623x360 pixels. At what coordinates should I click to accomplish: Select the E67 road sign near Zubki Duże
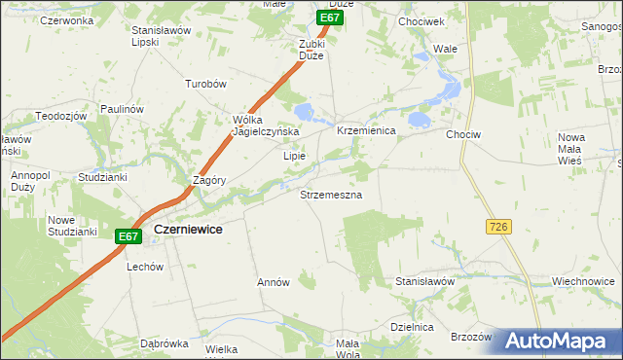[x=330, y=18]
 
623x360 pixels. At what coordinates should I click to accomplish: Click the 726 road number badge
[x=498, y=227]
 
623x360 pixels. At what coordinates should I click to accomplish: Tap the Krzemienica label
[x=365, y=130]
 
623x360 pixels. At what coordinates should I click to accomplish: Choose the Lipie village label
[x=294, y=156]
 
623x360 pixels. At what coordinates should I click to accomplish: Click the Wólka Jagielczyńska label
[x=264, y=126]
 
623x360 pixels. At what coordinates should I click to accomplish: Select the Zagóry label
[x=210, y=181]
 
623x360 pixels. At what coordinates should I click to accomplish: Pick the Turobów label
[x=205, y=85]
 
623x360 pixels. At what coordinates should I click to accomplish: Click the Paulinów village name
[x=122, y=109]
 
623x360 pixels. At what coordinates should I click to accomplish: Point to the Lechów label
[x=144, y=266]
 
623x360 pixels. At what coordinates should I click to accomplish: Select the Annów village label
[x=274, y=282]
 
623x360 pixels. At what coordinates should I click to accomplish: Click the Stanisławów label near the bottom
[x=425, y=281]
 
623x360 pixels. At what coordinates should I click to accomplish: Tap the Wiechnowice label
[x=582, y=281]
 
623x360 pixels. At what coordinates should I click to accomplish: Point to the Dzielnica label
[x=411, y=328]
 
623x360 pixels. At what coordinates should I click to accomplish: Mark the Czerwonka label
[x=67, y=20]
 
